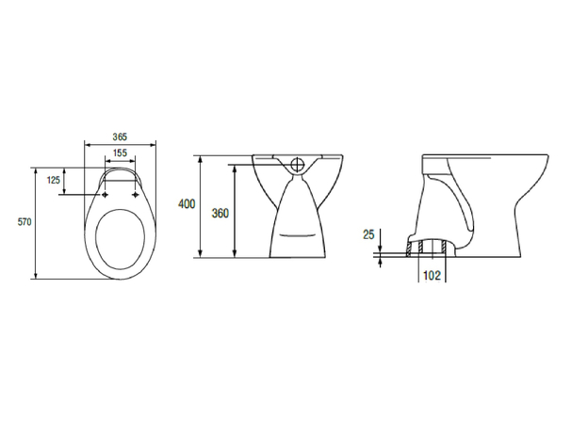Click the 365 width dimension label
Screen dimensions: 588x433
pos(120,136)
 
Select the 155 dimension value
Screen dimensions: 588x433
pos(120,152)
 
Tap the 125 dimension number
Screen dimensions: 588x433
pos(54,180)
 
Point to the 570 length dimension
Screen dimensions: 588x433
pos(24,222)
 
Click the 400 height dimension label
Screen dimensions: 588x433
pos(187,204)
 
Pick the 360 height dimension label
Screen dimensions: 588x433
pos(220,214)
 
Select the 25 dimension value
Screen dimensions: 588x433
pos(368,234)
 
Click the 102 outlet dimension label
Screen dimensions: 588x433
pos(432,275)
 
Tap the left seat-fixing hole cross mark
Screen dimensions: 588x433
pos(105,195)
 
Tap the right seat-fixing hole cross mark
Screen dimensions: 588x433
pos(136,195)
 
